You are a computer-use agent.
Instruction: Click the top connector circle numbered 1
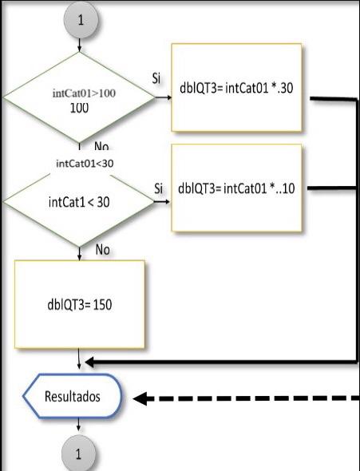(79, 21)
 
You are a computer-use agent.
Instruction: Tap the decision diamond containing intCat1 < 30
(79, 202)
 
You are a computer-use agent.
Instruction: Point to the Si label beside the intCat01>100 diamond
(157, 79)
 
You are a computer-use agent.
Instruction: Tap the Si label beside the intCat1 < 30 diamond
(158, 188)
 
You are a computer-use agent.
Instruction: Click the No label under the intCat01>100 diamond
(101, 147)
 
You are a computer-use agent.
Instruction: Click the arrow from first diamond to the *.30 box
(164, 98)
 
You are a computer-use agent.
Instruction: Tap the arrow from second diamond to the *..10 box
(163, 202)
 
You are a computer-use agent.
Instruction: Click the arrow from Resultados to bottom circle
(79, 427)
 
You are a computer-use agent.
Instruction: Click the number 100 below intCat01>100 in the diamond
(79, 108)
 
